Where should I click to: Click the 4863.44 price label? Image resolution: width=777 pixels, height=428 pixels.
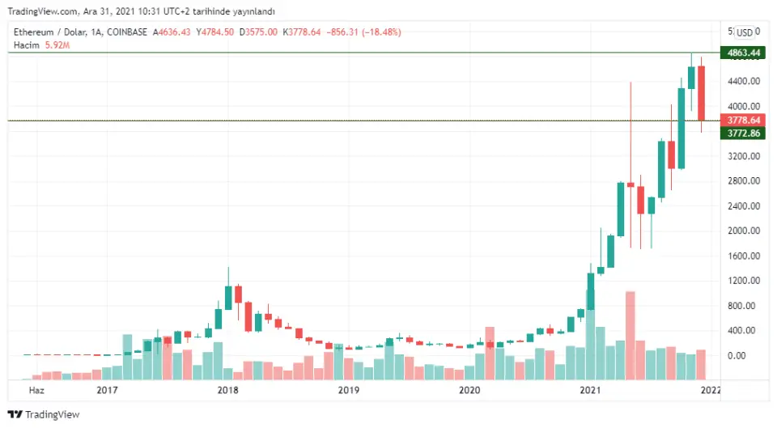coord(744,53)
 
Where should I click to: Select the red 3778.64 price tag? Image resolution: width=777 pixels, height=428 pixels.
coord(744,120)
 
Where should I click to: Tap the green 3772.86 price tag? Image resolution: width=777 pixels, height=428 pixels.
coord(744,133)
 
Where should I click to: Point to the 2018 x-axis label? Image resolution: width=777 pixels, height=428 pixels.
coord(228,390)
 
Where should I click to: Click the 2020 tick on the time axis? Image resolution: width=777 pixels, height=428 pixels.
coord(469,390)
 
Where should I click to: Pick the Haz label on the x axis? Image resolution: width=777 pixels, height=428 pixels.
coord(36,390)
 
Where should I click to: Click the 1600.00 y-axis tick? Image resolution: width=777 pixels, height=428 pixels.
coord(743,256)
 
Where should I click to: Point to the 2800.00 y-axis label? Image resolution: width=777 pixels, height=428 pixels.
coord(743,181)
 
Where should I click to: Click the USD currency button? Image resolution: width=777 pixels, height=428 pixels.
coord(745,32)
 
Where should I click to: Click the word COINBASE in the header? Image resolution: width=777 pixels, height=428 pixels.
coord(126,32)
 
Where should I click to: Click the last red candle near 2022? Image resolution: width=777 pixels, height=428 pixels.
coord(702,93)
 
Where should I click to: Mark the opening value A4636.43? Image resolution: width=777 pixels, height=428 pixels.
coord(172,32)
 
